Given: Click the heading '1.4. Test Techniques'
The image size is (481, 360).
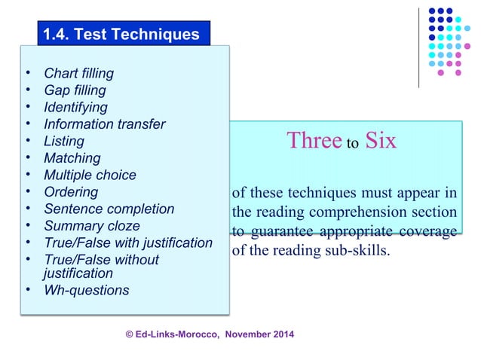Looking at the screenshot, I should pyautogui.click(x=121, y=34).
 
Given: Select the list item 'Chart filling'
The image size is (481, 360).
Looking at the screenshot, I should pyautogui.click(x=78, y=74).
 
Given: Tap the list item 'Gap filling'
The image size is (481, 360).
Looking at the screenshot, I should pyautogui.click(x=75, y=90).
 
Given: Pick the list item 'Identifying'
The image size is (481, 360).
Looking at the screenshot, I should pyautogui.click(x=75, y=108).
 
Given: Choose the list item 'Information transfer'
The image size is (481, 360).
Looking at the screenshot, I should pyautogui.click(x=104, y=124).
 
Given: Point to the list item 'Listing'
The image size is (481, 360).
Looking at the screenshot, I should pyautogui.click(x=64, y=142).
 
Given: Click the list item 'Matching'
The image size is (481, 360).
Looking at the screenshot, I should pyautogui.click(x=72, y=158).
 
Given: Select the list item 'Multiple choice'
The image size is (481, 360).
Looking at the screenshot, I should pyautogui.click(x=90, y=175).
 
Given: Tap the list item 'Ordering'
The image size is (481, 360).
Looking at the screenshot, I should pyautogui.click(x=71, y=192).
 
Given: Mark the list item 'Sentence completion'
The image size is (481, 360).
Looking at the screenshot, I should pyautogui.click(x=109, y=209).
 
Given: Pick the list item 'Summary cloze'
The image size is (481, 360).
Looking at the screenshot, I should pyautogui.click(x=91, y=226).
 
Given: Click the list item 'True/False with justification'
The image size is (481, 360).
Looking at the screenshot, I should pyautogui.click(x=128, y=243).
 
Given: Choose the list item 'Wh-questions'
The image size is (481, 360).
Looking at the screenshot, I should pyautogui.click(x=86, y=291).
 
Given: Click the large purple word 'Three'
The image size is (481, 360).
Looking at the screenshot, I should pyautogui.click(x=313, y=142).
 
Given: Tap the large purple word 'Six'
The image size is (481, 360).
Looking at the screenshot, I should pyautogui.click(x=381, y=142).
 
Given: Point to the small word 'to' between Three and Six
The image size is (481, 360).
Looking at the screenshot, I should pyautogui.click(x=351, y=145).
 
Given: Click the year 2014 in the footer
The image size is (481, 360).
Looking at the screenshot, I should pyautogui.click(x=280, y=334).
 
